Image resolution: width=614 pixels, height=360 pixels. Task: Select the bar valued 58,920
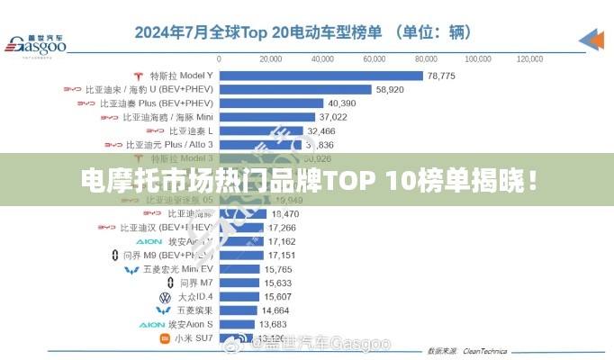pyautogui.click(x=295, y=90)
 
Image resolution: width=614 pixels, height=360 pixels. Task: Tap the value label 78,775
pyautogui.click(x=441, y=76)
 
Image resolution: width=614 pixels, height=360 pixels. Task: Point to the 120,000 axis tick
pyautogui.click(x=529, y=58)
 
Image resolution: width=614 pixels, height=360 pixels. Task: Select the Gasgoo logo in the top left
pyautogui.click(x=36, y=43)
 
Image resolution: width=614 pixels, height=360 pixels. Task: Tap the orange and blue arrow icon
pyautogui.click(x=591, y=39)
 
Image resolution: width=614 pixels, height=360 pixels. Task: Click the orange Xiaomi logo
pyautogui.click(x=165, y=338)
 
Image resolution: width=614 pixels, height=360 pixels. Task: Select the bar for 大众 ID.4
pyautogui.click(x=240, y=296)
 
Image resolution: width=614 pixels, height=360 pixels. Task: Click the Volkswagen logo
pyautogui.click(x=165, y=296)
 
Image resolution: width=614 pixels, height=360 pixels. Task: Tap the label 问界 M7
pyautogui.click(x=196, y=283)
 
